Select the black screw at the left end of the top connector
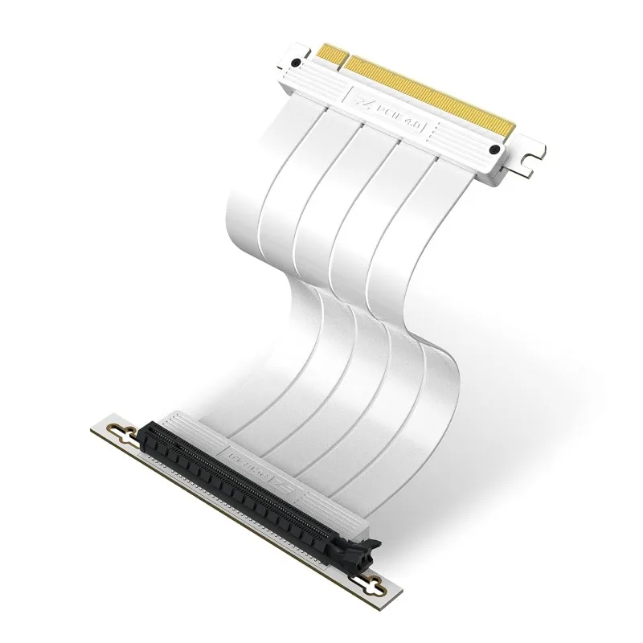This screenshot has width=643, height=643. pyautogui.click(x=297, y=62)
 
